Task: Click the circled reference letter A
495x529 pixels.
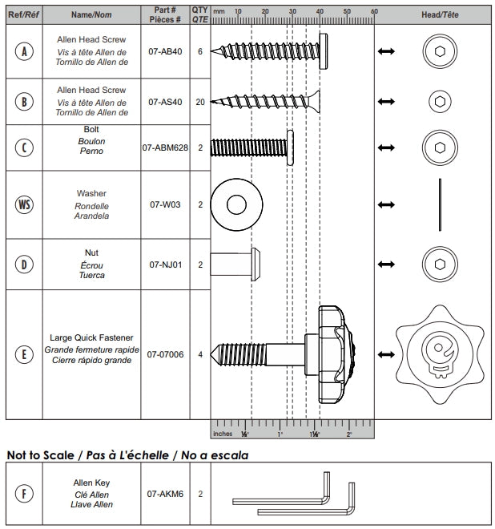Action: (25, 50)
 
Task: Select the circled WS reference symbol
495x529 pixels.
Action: (25, 204)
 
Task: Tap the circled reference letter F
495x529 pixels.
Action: (25, 494)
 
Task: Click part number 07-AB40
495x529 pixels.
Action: (166, 50)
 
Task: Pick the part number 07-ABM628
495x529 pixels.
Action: (166, 147)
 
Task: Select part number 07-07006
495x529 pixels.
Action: (166, 353)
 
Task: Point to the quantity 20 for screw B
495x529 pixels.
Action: (200, 102)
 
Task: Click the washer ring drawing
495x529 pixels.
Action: (236, 204)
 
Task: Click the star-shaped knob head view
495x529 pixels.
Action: (439, 353)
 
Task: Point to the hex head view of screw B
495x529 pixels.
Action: (439, 101)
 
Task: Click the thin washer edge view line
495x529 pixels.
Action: (439, 204)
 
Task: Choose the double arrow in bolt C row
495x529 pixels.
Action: (386, 147)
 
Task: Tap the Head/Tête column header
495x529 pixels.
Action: (439, 14)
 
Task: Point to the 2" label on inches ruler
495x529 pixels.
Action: (349, 434)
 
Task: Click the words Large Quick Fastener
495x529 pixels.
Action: (91, 338)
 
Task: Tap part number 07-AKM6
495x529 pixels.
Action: (166, 494)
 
